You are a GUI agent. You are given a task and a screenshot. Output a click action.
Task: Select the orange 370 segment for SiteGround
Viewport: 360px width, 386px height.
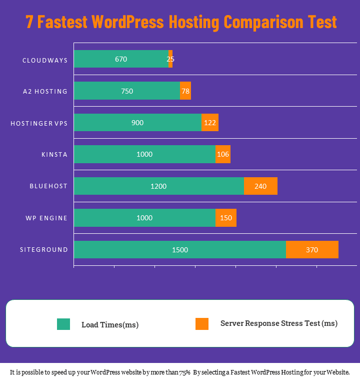(312, 250)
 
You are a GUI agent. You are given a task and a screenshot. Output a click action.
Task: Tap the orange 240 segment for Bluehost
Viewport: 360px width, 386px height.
(260, 186)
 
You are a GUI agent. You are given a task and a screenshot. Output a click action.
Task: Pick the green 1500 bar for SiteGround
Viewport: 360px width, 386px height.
(180, 250)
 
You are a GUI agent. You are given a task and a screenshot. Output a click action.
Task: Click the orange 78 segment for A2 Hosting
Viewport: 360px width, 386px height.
(185, 91)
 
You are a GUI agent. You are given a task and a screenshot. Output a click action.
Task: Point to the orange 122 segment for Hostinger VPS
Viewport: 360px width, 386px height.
(210, 123)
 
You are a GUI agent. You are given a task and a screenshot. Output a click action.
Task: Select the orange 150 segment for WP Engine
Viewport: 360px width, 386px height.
(226, 218)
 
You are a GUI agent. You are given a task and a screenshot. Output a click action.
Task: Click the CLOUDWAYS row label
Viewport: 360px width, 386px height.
(44, 60)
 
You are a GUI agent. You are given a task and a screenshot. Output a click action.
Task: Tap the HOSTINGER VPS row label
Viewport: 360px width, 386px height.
(39, 123)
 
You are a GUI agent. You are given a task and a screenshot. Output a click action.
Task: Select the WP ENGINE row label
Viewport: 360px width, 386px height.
(46, 218)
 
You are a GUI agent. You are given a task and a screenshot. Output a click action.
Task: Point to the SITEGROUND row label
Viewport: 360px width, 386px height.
(43, 250)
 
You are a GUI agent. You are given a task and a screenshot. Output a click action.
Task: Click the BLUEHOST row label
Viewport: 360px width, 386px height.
(48, 186)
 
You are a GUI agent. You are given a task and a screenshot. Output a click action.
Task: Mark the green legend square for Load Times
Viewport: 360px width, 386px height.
(63, 324)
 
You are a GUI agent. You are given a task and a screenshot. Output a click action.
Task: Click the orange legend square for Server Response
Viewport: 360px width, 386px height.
(202, 323)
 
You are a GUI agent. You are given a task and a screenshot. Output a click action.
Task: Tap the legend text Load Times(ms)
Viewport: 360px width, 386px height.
(110, 325)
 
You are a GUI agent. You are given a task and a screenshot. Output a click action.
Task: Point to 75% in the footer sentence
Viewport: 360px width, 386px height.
(184, 372)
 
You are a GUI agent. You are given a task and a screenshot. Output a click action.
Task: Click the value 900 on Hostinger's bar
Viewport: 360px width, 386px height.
(137, 123)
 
